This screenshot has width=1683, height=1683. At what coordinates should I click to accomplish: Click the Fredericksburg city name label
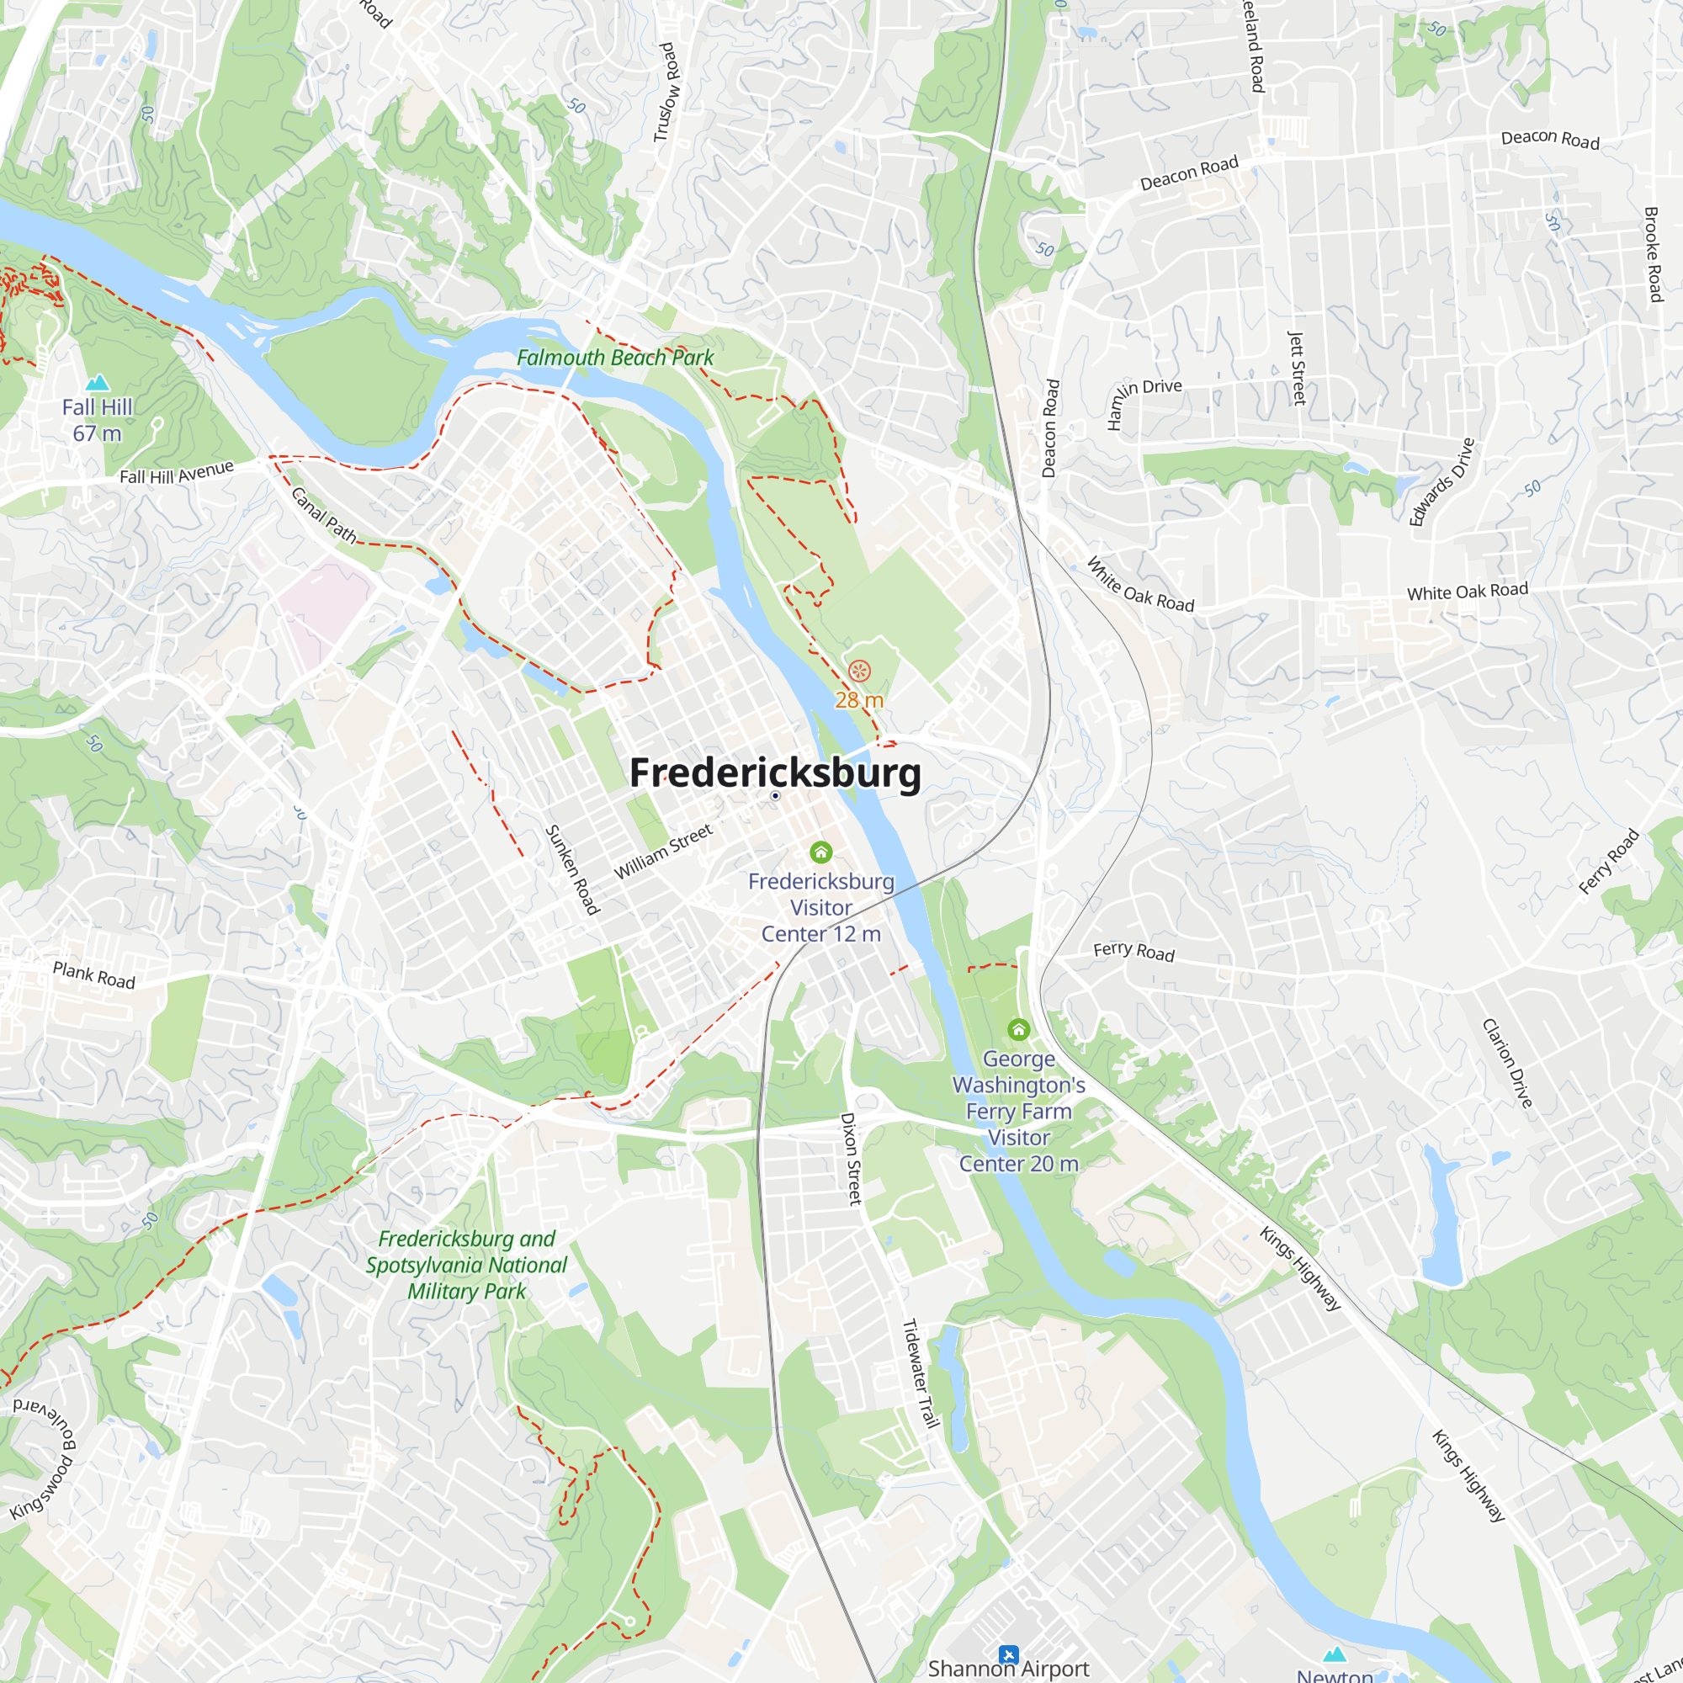[x=774, y=772]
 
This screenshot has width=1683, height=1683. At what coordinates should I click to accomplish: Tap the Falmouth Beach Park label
[x=614, y=358]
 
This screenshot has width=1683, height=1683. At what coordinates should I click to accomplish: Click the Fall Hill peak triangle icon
[x=98, y=382]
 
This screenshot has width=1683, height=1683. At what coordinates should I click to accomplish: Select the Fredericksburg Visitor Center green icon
[x=820, y=852]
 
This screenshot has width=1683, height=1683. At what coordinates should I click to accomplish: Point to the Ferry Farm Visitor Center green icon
[x=1018, y=1030]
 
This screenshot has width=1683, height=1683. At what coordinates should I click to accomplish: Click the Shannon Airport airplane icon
[x=1008, y=1654]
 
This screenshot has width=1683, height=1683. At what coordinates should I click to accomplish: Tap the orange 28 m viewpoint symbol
[x=859, y=671]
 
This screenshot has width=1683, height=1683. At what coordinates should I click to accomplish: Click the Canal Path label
[x=323, y=515]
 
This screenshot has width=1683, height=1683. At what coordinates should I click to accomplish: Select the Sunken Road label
[x=571, y=869]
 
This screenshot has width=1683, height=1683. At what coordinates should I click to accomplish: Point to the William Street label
[x=663, y=852]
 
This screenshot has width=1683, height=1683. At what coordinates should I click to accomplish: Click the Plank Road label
[x=94, y=974]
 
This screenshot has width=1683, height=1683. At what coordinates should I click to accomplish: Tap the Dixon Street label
[x=849, y=1159]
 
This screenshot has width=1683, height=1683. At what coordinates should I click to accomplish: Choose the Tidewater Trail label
[x=920, y=1374]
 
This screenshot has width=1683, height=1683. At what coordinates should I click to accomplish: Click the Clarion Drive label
[x=1507, y=1063]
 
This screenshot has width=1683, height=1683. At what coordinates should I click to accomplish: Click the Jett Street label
[x=1297, y=368]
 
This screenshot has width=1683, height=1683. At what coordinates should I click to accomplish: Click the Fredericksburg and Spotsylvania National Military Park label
[x=466, y=1265]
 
